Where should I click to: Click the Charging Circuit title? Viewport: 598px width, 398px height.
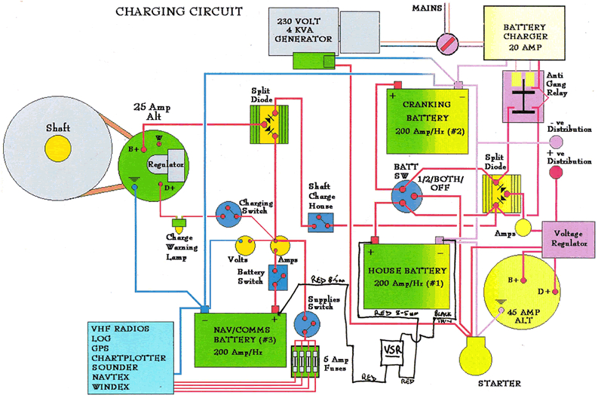pos(178,11)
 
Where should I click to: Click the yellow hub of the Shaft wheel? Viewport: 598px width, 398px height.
pos(55,149)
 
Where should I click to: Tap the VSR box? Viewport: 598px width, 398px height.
pos(391,352)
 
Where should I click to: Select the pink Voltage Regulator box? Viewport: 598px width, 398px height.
pos(568,239)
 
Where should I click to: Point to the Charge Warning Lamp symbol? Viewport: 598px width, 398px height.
pos(180,224)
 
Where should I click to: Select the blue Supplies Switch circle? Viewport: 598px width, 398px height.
pos(309,323)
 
